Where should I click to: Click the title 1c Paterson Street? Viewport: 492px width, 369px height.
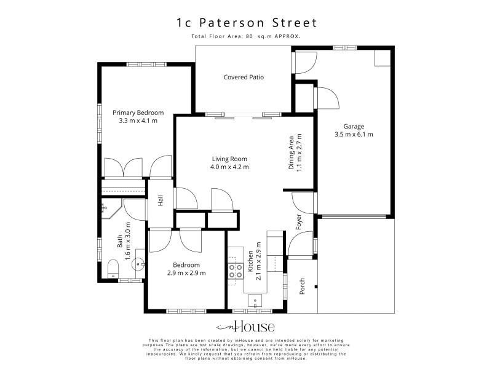[x=247, y=23]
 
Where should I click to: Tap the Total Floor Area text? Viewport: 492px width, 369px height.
[x=246, y=36]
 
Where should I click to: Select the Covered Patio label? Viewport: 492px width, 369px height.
[x=244, y=77]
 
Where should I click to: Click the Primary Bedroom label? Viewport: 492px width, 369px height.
[x=138, y=113]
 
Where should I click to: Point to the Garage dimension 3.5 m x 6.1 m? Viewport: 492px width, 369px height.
[x=354, y=135]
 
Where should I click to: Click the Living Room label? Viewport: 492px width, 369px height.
[x=229, y=159]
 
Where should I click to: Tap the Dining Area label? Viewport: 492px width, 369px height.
[x=291, y=153]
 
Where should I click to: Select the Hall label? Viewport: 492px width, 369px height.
[x=161, y=200]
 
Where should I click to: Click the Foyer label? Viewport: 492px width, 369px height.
[x=299, y=222]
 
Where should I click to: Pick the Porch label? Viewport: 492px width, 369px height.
[x=302, y=286]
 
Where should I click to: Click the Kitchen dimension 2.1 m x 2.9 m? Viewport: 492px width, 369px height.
[x=258, y=261]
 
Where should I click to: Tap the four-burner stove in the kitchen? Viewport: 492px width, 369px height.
[x=236, y=271]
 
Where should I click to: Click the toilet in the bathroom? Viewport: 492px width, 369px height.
[x=113, y=269]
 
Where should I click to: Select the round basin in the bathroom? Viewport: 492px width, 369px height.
[x=138, y=264]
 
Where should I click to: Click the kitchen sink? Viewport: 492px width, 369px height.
[x=255, y=301]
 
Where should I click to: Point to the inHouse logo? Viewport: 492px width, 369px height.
[x=245, y=327]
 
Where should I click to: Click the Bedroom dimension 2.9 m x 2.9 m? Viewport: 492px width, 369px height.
[x=186, y=273]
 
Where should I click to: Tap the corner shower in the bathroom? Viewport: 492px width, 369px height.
[x=111, y=208]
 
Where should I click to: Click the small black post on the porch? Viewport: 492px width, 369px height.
[x=316, y=287]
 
